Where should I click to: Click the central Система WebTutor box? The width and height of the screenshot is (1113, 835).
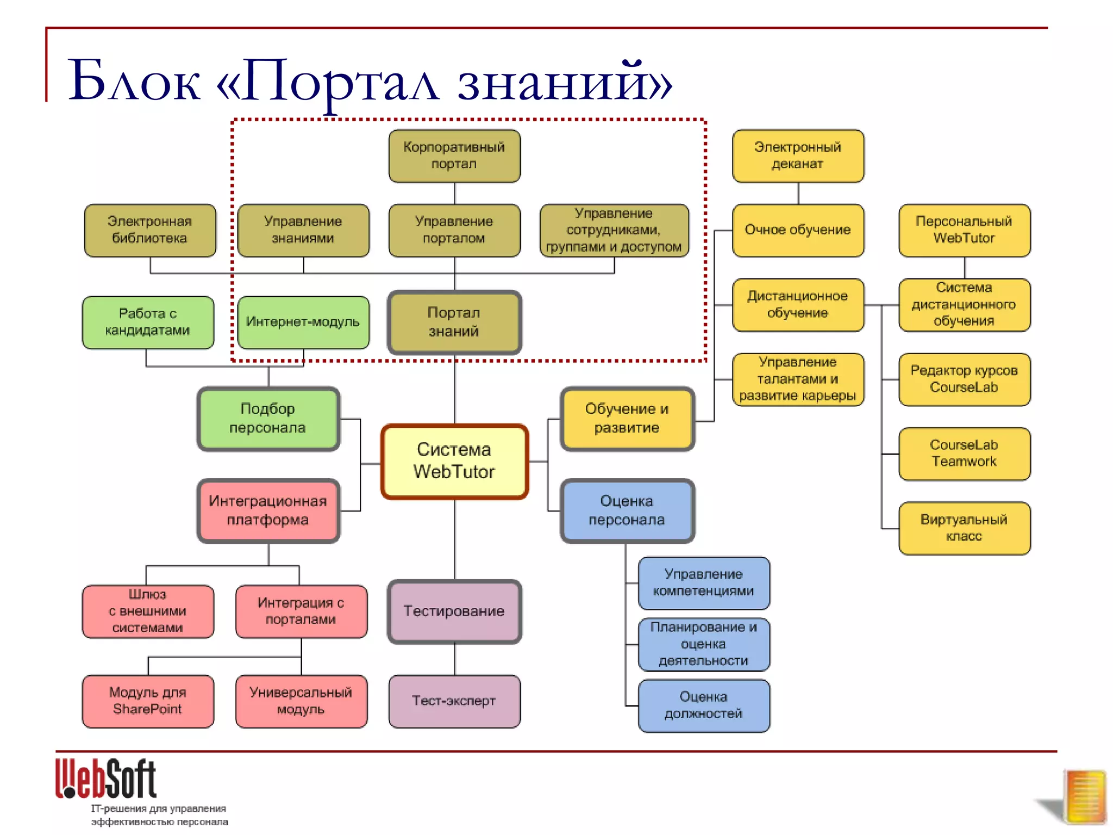click(454, 461)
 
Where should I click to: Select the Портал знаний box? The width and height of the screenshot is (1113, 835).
click(454, 322)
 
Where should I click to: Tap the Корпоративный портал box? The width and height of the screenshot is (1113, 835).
click(454, 155)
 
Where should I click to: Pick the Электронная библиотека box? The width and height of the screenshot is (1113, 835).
click(150, 230)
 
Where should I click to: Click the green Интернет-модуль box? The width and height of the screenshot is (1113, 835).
click(303, 322)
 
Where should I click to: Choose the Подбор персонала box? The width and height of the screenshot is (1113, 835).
click(268, 419)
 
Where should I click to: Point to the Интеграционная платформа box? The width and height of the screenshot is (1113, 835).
click(268, 510)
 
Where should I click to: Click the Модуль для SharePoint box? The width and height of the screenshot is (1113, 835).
click(148, 701)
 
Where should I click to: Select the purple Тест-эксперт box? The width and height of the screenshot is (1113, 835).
click(454, 701)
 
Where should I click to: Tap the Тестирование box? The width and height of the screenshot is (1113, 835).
click(454, 611)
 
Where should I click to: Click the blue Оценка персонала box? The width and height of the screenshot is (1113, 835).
click(627, 510)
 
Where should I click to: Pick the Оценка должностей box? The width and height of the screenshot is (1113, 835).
click(704, 705)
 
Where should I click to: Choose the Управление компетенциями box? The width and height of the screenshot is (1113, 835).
click(704, 583)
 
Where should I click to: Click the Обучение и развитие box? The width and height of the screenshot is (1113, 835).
click(627, 419)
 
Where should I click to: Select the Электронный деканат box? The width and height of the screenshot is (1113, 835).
click(798, 155)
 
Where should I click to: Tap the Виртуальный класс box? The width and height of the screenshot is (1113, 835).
click(964, 528)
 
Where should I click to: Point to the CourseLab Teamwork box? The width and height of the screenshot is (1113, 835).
click(964, 453)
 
